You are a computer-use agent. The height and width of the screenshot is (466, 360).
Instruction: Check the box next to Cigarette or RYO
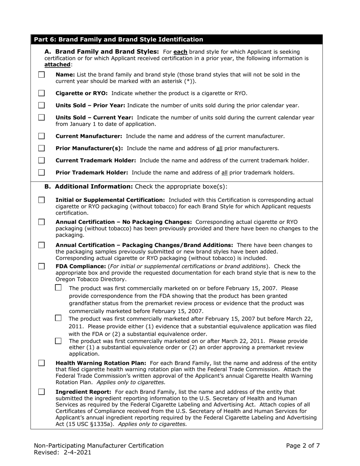[42, 93]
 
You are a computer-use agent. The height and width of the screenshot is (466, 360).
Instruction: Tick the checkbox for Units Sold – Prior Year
[42, 105]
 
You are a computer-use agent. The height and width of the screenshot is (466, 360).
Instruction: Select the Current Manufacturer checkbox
[42, 136]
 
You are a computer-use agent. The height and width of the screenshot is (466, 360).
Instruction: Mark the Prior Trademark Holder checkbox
[42, 172]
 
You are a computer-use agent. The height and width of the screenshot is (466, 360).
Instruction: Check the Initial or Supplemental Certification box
[42, 200]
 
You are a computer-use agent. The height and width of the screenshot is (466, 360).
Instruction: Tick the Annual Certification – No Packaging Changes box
[42, 222]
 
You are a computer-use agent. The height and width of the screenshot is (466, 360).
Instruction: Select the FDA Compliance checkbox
[42, 266]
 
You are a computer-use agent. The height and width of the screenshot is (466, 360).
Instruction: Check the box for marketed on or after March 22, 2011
[58, 341]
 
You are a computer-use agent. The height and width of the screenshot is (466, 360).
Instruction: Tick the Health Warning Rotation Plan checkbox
[42, 363]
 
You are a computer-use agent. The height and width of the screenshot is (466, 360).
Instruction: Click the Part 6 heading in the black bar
[119, 39]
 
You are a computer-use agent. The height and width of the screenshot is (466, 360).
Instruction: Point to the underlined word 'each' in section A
[180, 52]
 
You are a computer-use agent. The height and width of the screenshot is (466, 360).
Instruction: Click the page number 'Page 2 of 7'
[303, 446]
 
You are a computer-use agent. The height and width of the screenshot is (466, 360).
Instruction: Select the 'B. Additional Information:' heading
[89, 186]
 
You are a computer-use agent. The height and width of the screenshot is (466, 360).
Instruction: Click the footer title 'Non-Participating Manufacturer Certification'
[99, 446]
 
